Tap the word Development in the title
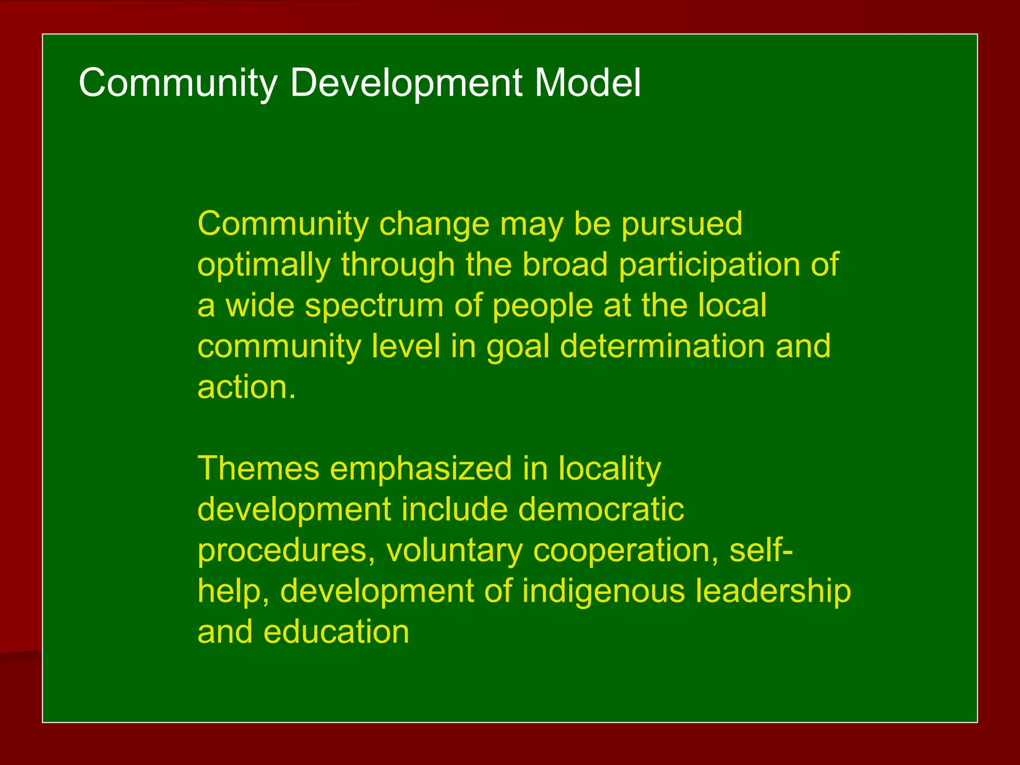click(x=406, y=83)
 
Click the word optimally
click(x=264, y=265)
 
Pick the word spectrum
click(x=374, y=306)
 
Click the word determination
click(x=662, y=346)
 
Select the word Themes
click(x=258, y=469)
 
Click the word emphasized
click(x=421, y=469)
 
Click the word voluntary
click(x=454, y=551)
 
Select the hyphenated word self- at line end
click(x=762, y=551)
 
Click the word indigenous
click(x=603, y=592)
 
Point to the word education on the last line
click(x=336, y=632)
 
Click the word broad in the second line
click(x=565, y=265)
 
